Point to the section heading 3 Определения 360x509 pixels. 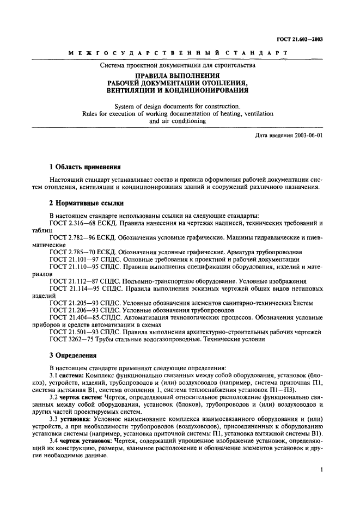(x=73, y=357)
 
